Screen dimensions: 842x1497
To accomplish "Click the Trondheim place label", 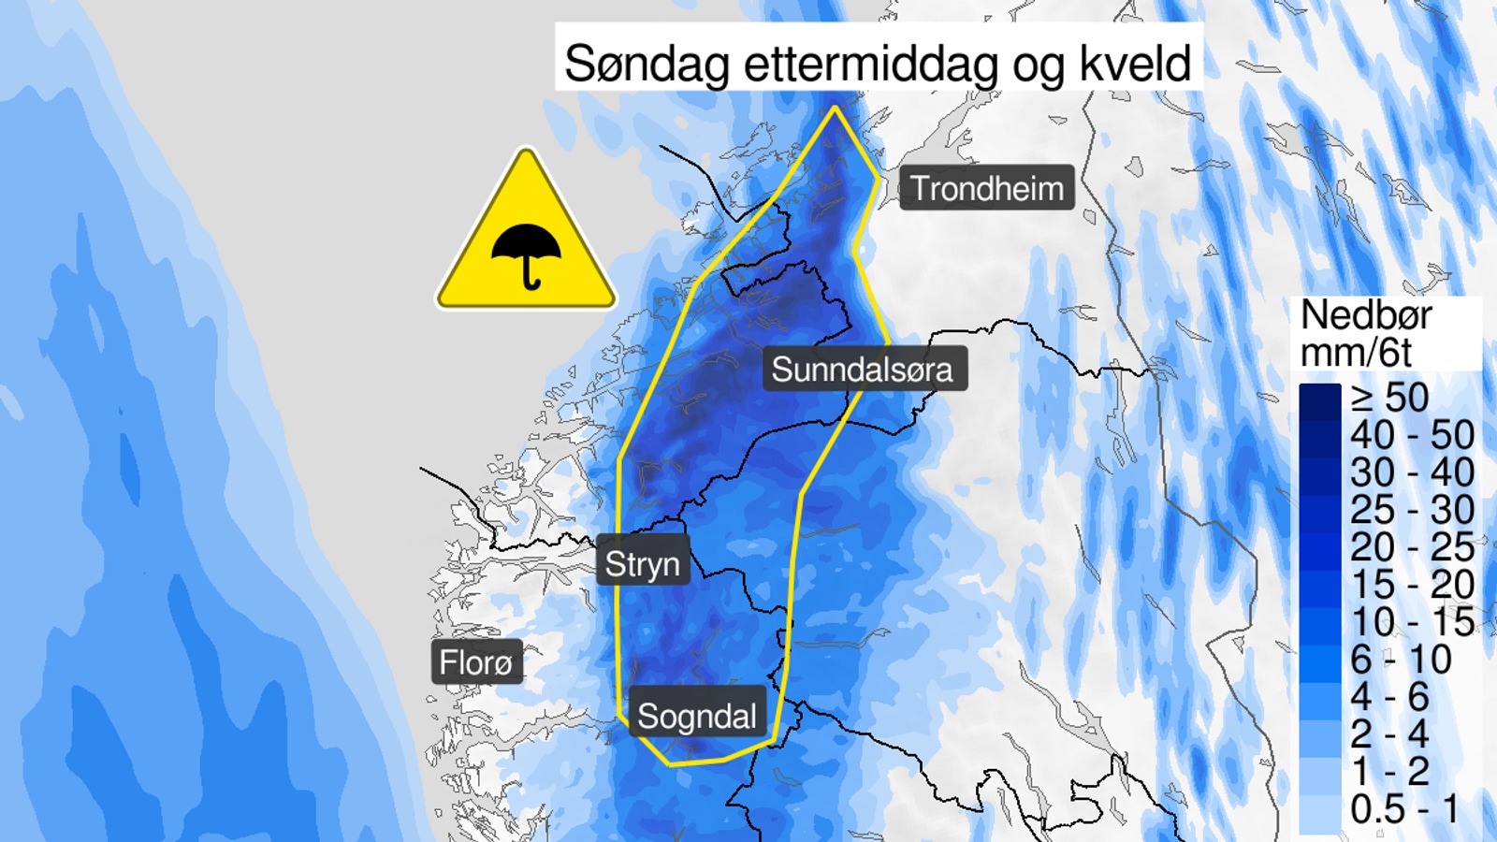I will click(987, 189).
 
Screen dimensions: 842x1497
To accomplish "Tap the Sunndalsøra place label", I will click(862, 370).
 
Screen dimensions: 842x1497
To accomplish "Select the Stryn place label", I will click(642, 564).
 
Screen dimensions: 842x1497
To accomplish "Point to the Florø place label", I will click(476, 662).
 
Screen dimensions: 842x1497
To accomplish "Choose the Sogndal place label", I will click(697, 717).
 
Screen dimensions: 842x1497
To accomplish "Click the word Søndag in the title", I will click(646, 64).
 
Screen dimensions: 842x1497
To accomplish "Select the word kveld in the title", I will click(1136, 64).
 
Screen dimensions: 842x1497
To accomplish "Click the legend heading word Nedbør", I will click(1366, 315).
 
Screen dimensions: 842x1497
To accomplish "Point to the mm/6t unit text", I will click(1356, 353).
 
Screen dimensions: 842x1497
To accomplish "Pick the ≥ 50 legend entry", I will click(1390, 398).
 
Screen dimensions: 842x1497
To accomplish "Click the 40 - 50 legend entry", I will click(1412, 435).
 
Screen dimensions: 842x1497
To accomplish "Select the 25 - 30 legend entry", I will click(1412, 510).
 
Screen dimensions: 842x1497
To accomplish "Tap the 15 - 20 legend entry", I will click(1412, 585).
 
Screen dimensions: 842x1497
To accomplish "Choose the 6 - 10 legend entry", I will click(1401, 660).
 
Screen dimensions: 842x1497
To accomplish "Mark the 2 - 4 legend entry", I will click(1389, 734).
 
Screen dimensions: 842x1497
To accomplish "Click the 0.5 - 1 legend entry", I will click(1404, 809).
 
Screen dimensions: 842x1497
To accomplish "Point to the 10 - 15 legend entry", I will click(1412, 622).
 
